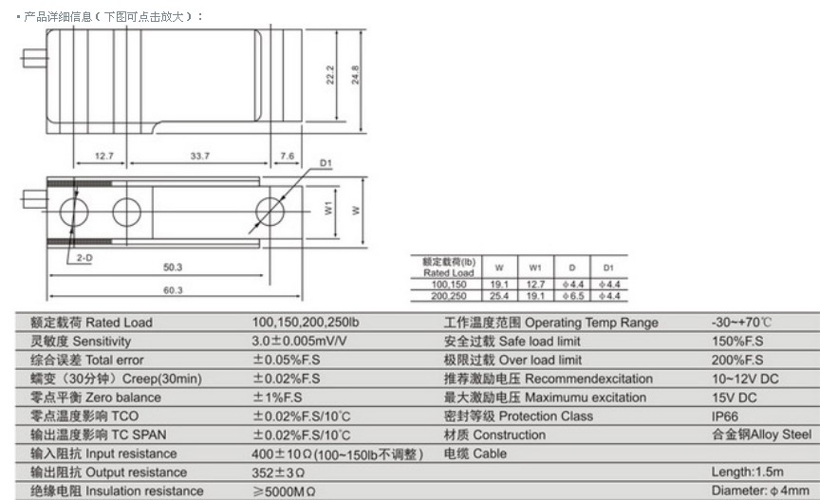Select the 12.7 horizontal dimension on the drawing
(104, 156)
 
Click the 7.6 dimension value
(288, 156)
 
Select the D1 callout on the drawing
(326, 165)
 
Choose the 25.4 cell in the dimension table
(500, 295)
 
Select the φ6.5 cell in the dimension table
(571, 295)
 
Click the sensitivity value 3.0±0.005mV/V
(301, 342)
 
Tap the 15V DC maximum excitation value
(734, 398)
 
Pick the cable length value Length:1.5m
(748, 472)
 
